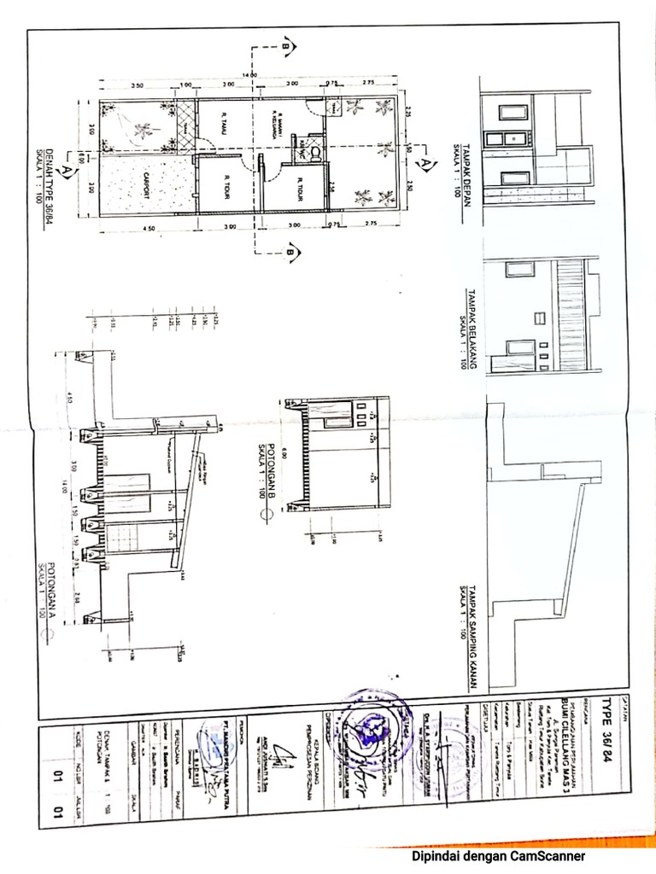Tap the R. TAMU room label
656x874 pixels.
225,124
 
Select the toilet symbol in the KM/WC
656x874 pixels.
313,154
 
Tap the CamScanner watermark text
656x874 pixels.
498,855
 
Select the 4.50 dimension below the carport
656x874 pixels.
148,228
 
